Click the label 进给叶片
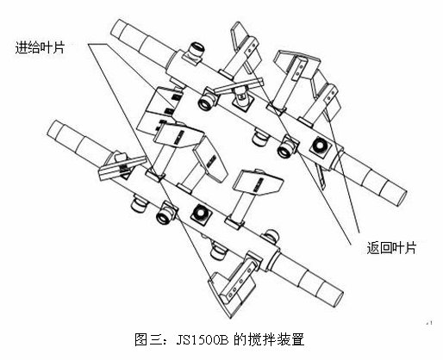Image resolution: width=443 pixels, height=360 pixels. (40, 47)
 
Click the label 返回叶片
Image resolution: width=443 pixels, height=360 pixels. (391, 248)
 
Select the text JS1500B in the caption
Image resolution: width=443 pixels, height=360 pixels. (203, 340)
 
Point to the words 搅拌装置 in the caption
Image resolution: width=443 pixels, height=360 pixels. (277, 339)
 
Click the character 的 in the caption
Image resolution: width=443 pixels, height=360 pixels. (240, 339)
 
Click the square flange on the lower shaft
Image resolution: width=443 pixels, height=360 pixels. (200, 214)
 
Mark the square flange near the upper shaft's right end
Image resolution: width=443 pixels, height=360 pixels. (321, 147)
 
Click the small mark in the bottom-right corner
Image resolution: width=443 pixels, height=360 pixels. (430, 323)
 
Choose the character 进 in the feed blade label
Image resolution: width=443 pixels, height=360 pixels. (22, 47)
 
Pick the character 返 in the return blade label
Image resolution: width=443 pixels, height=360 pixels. (372, 248)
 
